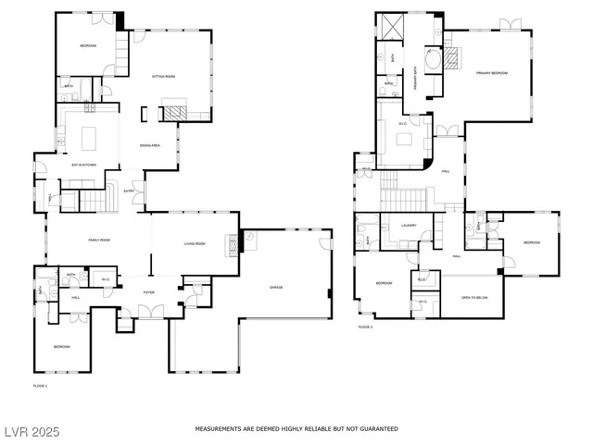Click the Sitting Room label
point(163,78)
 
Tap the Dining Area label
point(150,145)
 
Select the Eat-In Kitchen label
point(85,165)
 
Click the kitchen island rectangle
point(92,139)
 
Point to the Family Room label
point(101,240)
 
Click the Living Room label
point(194,243)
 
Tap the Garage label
point(276,288)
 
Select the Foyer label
point(148,292)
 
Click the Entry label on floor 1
point(130,191)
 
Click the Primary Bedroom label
point(491,72)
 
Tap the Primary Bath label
point(414,85)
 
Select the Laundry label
point(409,225)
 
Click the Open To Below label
point(473,298)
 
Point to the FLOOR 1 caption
point(40,385)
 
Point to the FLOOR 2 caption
point(366,327)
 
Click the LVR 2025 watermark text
point(31,431)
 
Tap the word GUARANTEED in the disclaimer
point(377,429)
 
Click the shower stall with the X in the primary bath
point(390,26)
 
